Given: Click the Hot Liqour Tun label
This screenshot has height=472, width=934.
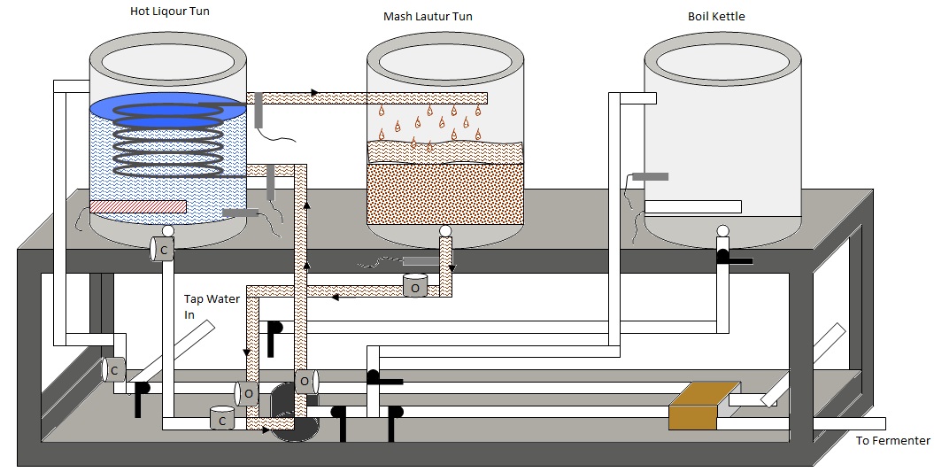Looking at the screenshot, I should pos(169,12).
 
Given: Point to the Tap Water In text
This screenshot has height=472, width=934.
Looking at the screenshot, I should pos(212,306).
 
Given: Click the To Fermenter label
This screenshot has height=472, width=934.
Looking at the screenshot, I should pos(892,441).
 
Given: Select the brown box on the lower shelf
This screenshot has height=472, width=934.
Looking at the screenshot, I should pos(703,406).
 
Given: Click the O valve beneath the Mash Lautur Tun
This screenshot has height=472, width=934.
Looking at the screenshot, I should pos(415,285).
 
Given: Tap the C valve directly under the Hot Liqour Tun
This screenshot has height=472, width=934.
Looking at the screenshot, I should pos(162,251).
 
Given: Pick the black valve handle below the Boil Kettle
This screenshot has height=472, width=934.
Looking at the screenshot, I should pos(733,259).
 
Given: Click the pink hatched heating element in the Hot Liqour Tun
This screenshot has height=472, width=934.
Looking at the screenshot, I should pos(137,206).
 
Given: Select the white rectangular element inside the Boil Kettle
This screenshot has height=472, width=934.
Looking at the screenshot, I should pos(692,207).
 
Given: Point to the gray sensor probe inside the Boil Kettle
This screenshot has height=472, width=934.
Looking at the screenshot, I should pos(651,177).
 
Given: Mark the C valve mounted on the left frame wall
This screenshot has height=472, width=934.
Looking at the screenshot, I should pos(114,369).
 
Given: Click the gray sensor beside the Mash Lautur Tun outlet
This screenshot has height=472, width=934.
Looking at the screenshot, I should pos(420,260).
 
